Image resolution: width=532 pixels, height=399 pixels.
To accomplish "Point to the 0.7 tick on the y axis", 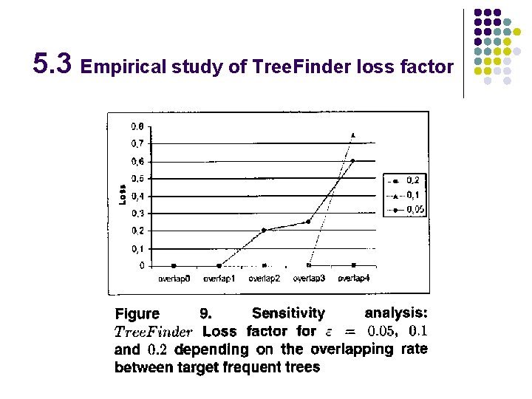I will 138,143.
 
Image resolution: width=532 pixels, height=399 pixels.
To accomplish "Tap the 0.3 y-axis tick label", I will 138,214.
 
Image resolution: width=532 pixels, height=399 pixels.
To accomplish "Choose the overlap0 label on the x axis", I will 174,279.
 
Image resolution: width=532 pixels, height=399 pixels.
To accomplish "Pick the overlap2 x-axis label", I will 264,279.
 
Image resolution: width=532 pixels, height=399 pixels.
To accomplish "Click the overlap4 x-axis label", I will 353,279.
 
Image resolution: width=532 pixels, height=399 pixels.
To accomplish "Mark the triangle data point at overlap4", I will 353,135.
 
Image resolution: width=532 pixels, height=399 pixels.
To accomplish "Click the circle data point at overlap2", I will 264,230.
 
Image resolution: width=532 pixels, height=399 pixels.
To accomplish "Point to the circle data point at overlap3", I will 309,221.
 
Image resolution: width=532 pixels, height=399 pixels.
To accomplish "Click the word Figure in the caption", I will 137,314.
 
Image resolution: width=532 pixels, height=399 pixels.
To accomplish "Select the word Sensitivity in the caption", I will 288,313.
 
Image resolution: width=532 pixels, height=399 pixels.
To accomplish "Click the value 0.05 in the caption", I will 382,331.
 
